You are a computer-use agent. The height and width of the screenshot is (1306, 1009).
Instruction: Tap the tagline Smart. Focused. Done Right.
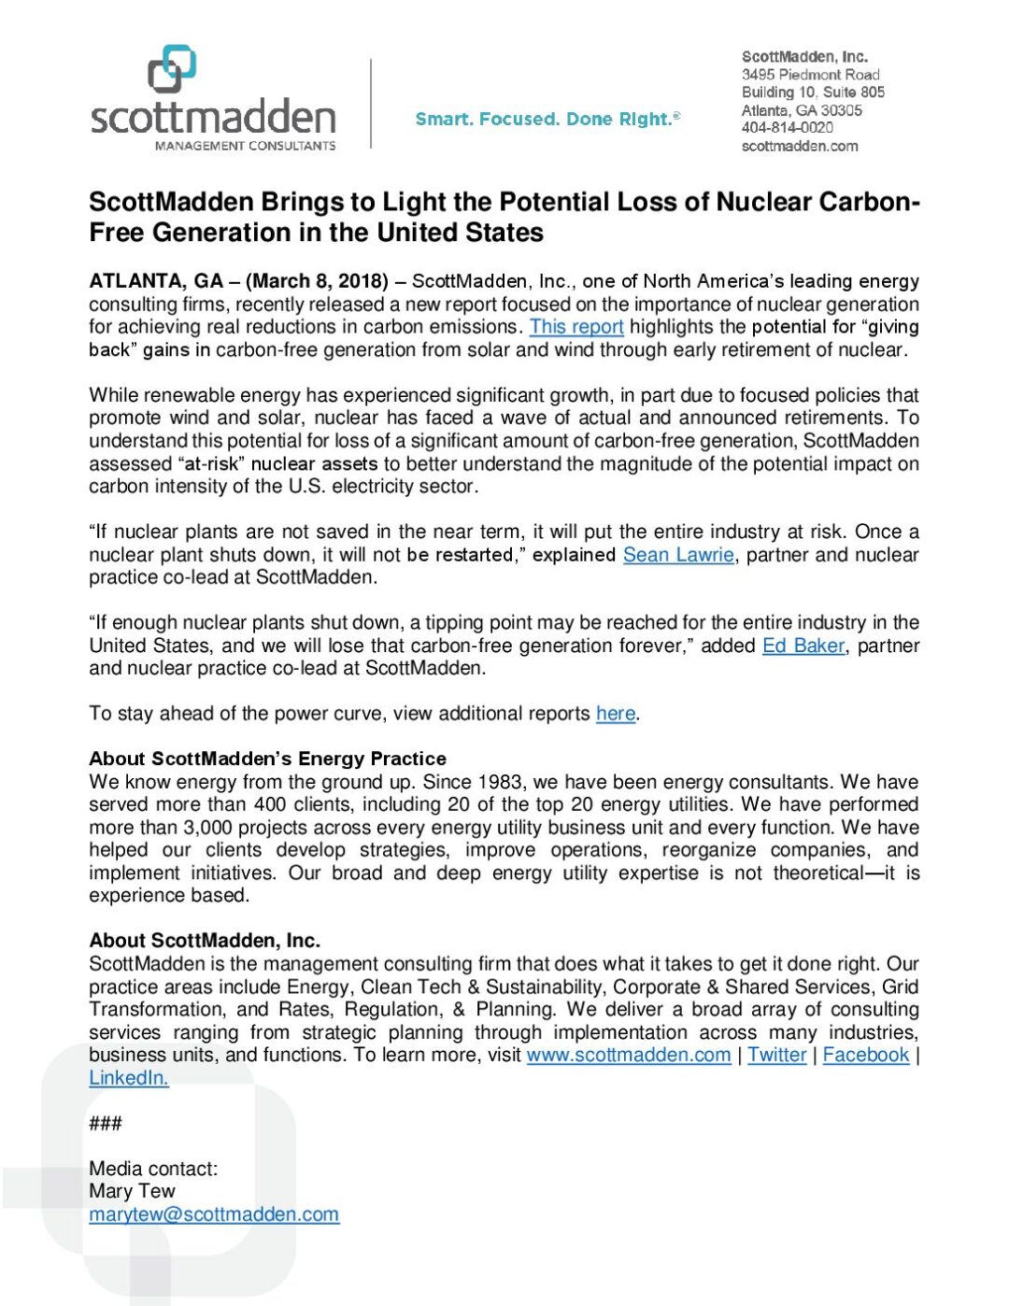[x=547, y=119]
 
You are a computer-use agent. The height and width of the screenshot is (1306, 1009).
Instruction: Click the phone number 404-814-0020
[x=787, y=128]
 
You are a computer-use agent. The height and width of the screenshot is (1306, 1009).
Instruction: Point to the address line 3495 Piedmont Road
[x=810, y=75]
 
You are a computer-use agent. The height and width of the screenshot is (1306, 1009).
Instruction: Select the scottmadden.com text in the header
[x=799, y=146]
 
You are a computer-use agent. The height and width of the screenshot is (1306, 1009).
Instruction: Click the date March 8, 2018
[x=317, y=281]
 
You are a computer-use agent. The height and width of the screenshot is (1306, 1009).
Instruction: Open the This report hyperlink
[x=576, y=327]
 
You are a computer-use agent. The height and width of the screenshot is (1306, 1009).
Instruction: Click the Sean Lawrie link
[x=678, y=555]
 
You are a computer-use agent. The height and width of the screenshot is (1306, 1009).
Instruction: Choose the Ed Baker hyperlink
[x=803, y=646]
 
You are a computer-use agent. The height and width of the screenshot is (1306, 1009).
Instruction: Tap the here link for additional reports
[x=616, y=714]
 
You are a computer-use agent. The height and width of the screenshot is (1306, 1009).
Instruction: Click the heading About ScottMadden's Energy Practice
[x=267, y=759]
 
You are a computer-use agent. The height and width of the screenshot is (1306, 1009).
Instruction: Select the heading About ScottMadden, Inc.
[x=205, y=941]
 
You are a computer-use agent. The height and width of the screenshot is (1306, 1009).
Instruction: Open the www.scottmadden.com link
[x=629, y=1055]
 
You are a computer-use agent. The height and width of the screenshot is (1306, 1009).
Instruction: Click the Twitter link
[x=776, y=1055]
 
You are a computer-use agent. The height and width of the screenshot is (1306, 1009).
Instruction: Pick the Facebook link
[x=865, y=1055]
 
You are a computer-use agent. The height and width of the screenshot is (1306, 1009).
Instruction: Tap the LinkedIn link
[x=129, y=1078]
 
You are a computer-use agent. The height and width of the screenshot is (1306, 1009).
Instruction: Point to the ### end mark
[x=106, y=1123]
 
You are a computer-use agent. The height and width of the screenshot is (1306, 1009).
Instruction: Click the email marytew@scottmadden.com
[x=214, y=1214]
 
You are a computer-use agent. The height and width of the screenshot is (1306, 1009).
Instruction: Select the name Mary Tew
[x=132, y=1191]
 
